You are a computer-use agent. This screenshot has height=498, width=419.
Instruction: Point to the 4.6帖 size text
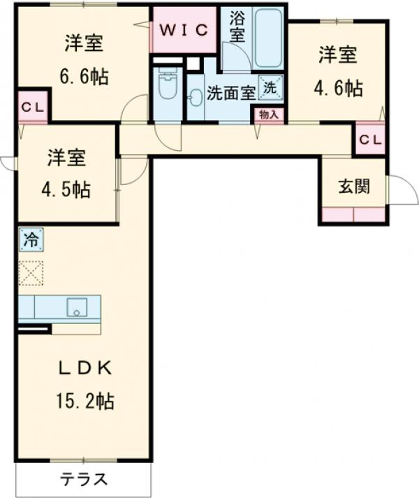338,87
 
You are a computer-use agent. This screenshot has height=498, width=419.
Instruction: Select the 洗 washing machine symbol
270,88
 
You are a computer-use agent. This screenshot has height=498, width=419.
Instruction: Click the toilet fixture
166,87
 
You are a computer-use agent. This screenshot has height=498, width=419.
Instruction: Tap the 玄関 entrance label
353,186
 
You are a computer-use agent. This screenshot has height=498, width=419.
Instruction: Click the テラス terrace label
83,480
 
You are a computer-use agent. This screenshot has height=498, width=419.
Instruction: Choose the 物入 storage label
268,115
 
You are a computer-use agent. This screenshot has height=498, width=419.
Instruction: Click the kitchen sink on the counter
75,307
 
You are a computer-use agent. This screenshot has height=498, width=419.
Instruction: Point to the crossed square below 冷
31,272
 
